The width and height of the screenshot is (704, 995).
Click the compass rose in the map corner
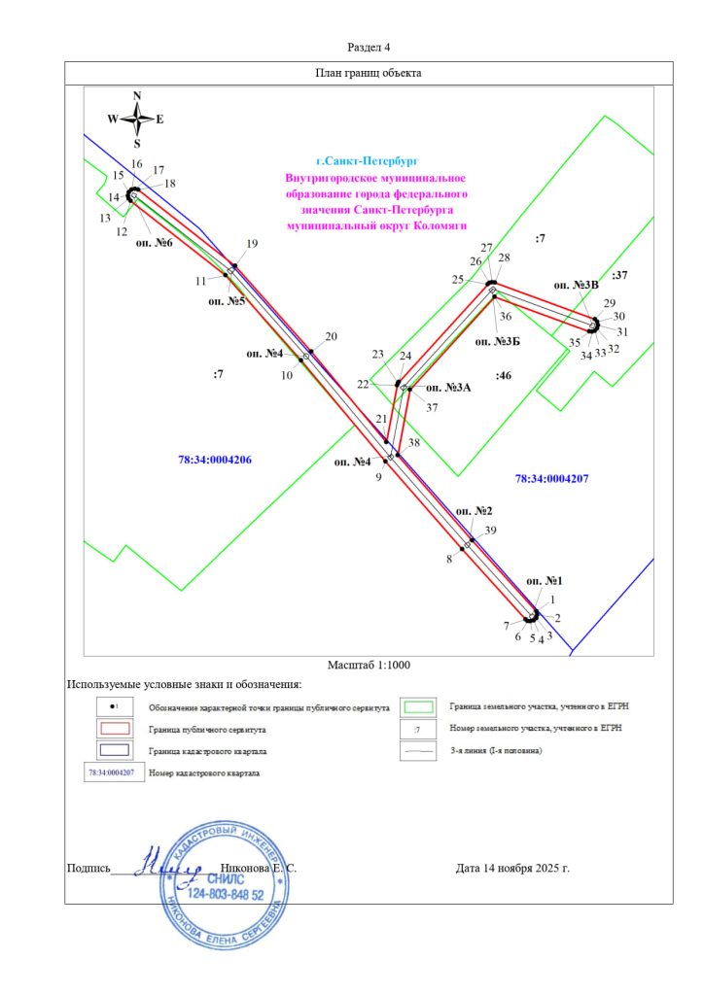click(x=137, y=120)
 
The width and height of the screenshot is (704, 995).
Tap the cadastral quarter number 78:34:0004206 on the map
click(x=215, y=460)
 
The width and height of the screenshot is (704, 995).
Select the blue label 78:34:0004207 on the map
click(x=552, y=478)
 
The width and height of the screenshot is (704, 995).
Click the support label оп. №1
click(x=545, y=580)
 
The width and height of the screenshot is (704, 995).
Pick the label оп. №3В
click(x=576, y=285)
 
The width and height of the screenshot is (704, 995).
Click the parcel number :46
click(x=503, y=374)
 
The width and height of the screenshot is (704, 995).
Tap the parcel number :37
click(x=621, y=275)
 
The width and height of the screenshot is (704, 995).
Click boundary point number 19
click(x=253, y=244)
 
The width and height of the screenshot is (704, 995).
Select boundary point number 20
click(x=331, y=336)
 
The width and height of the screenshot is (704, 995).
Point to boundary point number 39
click(x=491, y=531)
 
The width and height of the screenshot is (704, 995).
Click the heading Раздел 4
click(x=369, y=47)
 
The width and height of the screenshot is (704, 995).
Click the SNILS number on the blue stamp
click(x=225, y=893)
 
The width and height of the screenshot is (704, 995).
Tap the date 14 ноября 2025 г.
click(x=511, y=868)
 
